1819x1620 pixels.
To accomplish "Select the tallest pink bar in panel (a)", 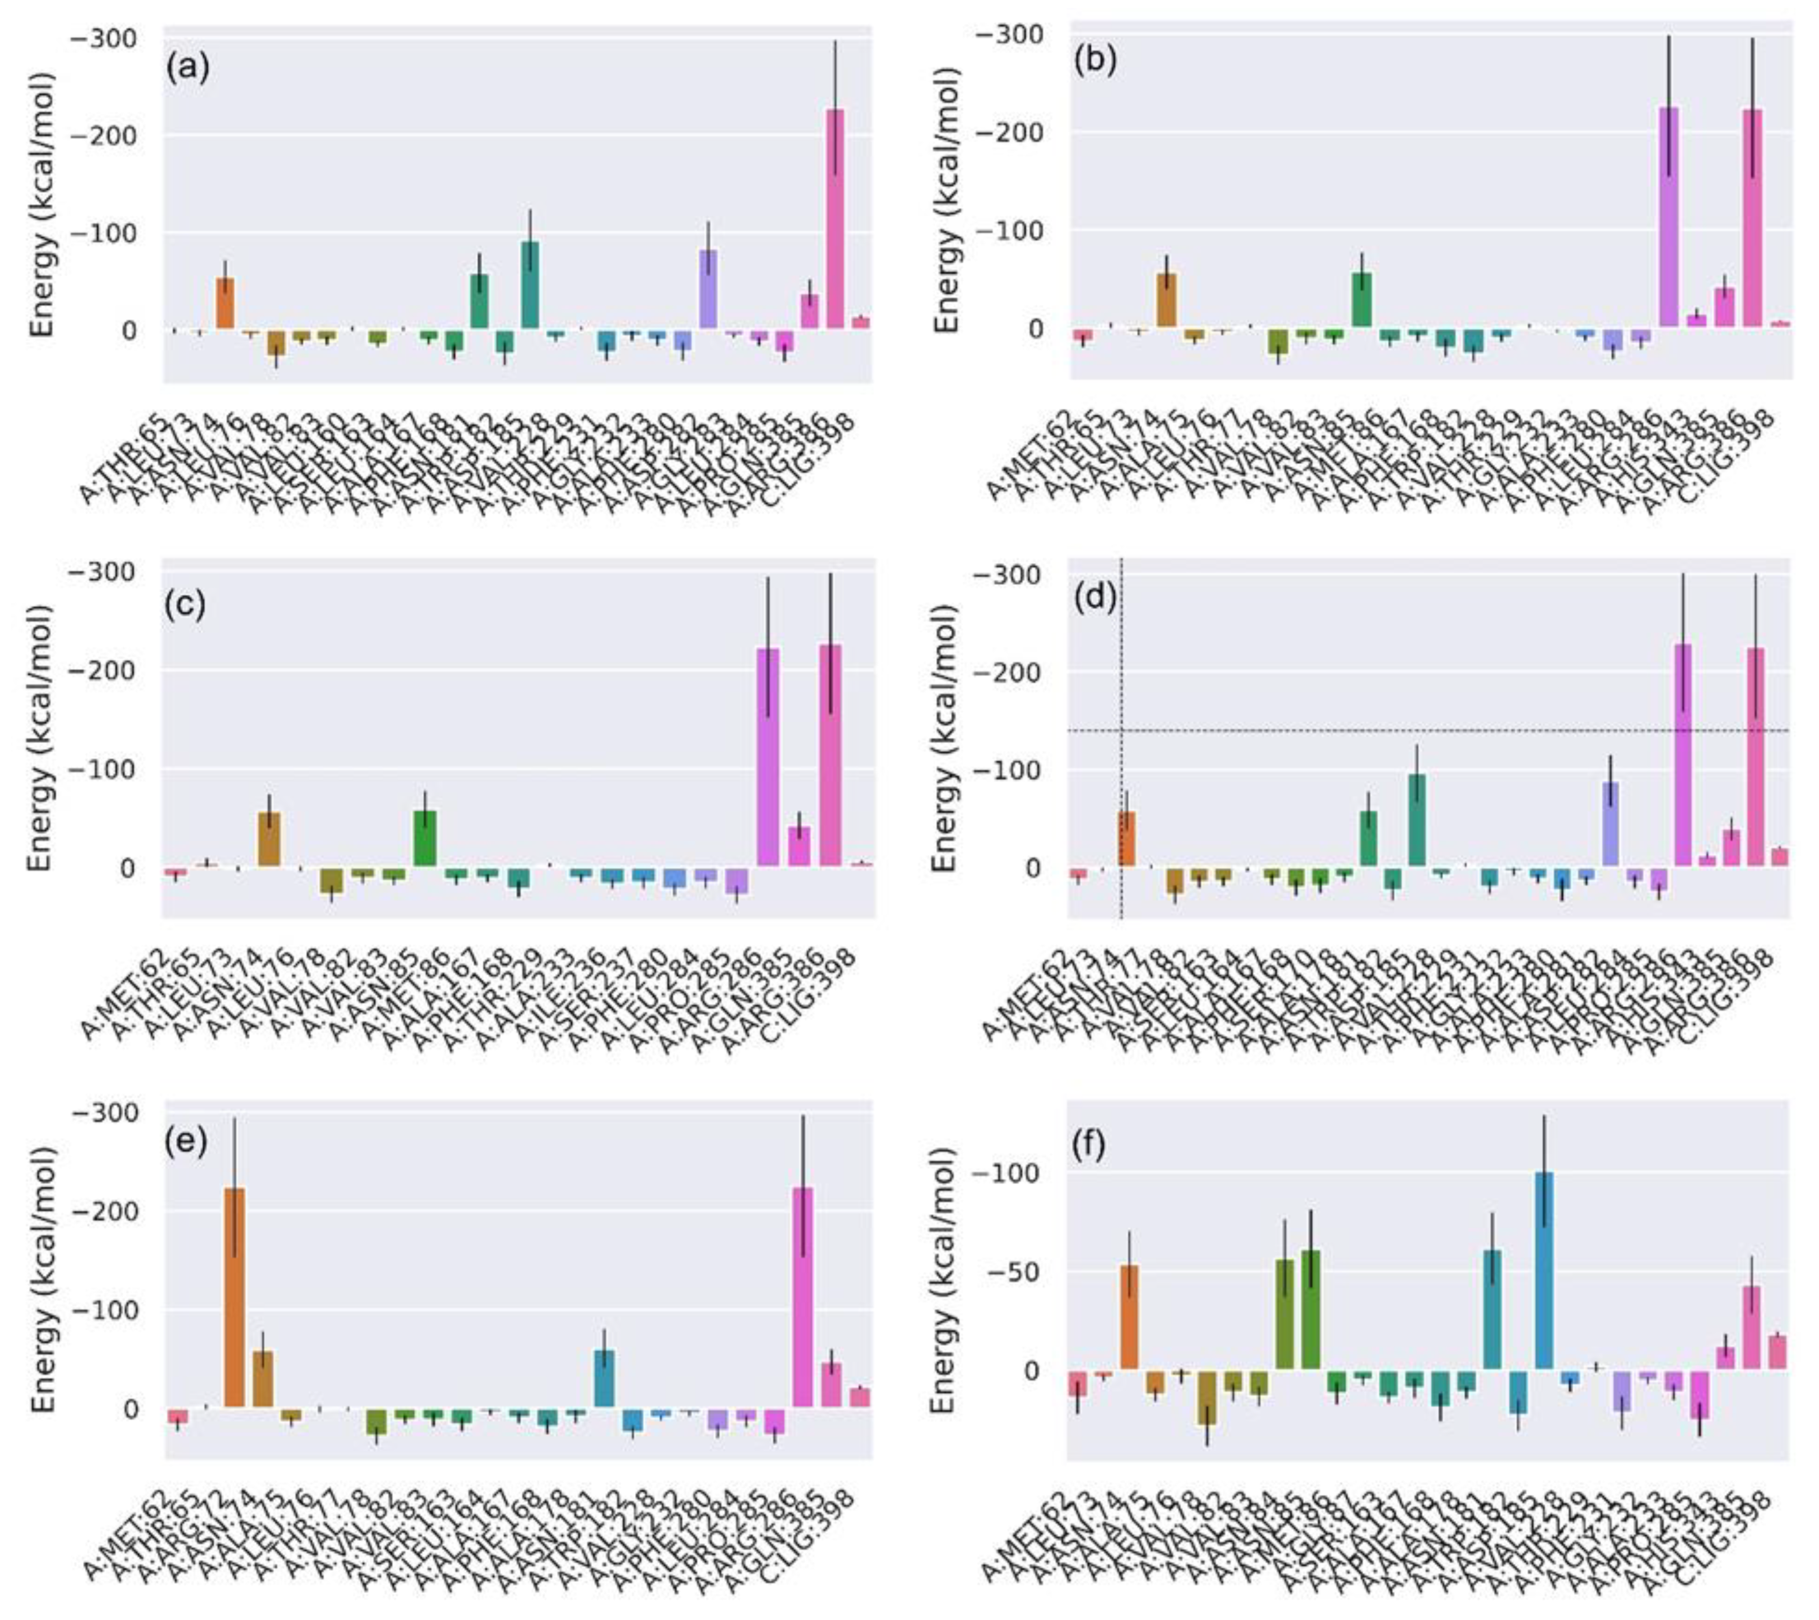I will [x=835, y=218].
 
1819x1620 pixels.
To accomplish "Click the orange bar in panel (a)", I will [x=225, y=303].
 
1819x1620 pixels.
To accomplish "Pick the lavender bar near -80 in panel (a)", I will [x=708, y=289].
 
